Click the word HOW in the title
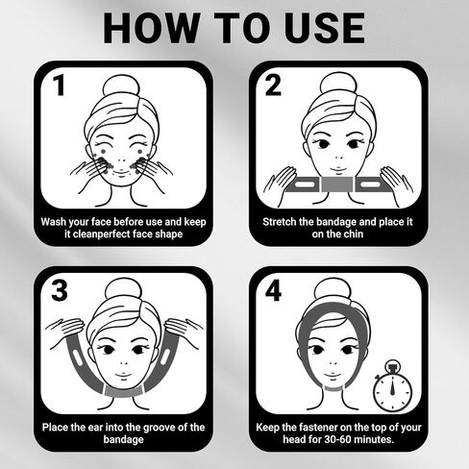[x=151, y=28]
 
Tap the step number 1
[x=59, y=86]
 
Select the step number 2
[x=273, y=86]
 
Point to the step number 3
[x=60, y=290]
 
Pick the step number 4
[x=273, y=290]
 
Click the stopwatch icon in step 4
[x=392, y=385]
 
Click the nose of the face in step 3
[x=123, y=364]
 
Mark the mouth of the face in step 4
[x=332, y=375]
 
